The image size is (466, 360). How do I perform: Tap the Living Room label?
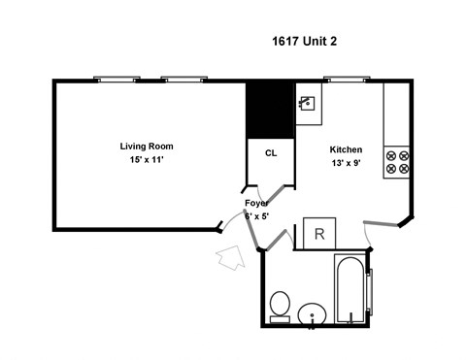tap(153, 146)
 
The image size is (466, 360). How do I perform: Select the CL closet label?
tap(271, 153)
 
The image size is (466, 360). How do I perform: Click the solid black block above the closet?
tap(269, 112)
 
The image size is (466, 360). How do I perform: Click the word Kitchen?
tap(347, 149)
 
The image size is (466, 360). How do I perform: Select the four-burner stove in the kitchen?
tap(396, 160)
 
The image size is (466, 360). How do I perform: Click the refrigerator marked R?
tap(319, 235)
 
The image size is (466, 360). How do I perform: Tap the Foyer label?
tap(256, 203)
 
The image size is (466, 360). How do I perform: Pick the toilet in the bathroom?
tap(280, 307)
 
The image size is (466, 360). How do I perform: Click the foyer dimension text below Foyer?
tap(257, 216)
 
